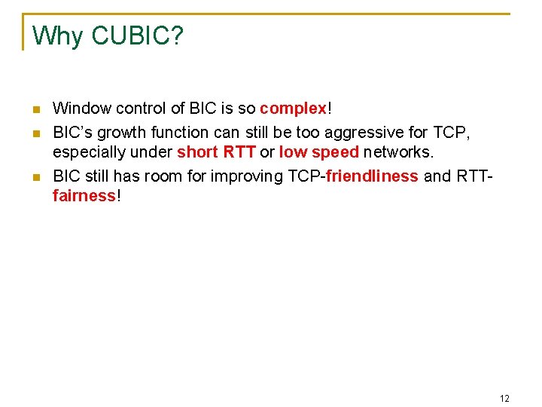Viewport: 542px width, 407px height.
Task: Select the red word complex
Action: point(293,109)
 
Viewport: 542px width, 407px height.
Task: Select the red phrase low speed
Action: point(319,153)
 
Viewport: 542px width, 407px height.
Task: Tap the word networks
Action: point(398,153)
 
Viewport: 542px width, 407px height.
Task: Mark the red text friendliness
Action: point(372,176)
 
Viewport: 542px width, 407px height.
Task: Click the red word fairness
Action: point(84,197)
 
